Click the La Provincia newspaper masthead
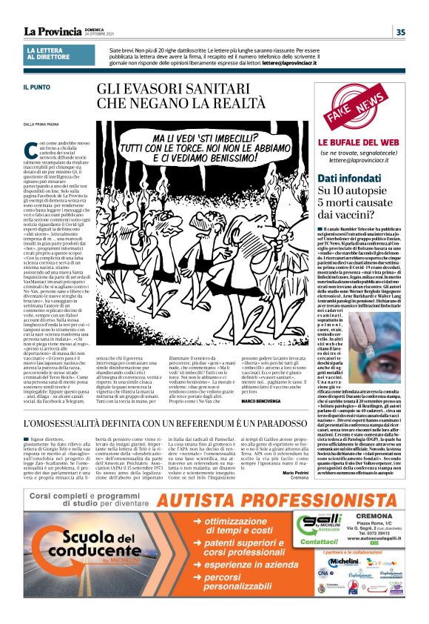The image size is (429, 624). point(52,31)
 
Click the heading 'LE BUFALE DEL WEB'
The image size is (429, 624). point(359,142)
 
